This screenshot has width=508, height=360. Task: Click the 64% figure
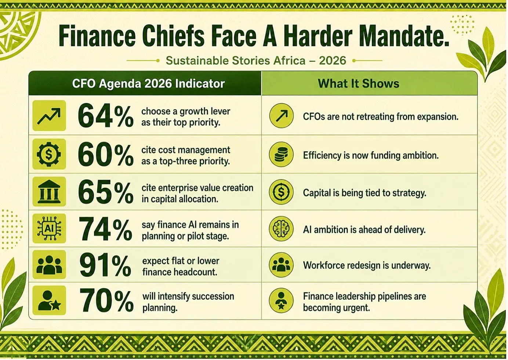tap(105, 117)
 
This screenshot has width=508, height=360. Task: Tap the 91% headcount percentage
tap(105, 266)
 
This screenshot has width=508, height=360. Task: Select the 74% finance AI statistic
tap(105, 229)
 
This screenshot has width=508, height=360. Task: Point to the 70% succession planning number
tap(106, 301)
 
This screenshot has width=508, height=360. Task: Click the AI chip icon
tap(49, 228)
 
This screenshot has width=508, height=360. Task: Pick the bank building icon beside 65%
tap(49, 192)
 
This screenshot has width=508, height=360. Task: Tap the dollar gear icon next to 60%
tap(49, 154)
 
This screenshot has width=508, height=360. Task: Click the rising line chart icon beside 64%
tap(49, 116)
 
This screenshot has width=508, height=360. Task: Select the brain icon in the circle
tap(281, 228)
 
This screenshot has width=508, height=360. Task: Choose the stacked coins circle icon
tap(281, 154)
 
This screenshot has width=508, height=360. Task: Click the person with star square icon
tap(49, 300)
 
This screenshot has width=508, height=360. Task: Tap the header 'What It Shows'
tap(359, 83)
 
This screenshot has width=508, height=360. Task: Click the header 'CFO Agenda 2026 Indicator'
tap(148, 83)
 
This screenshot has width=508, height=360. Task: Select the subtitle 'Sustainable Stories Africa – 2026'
tap(256, 61)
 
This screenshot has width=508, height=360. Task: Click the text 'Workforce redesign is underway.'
tap(367, 265)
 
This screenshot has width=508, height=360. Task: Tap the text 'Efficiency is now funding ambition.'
tap(371, 155)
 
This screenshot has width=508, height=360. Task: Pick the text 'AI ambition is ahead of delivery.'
tap(364, 230)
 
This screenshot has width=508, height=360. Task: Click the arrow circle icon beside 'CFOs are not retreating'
tap(281, 116)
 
